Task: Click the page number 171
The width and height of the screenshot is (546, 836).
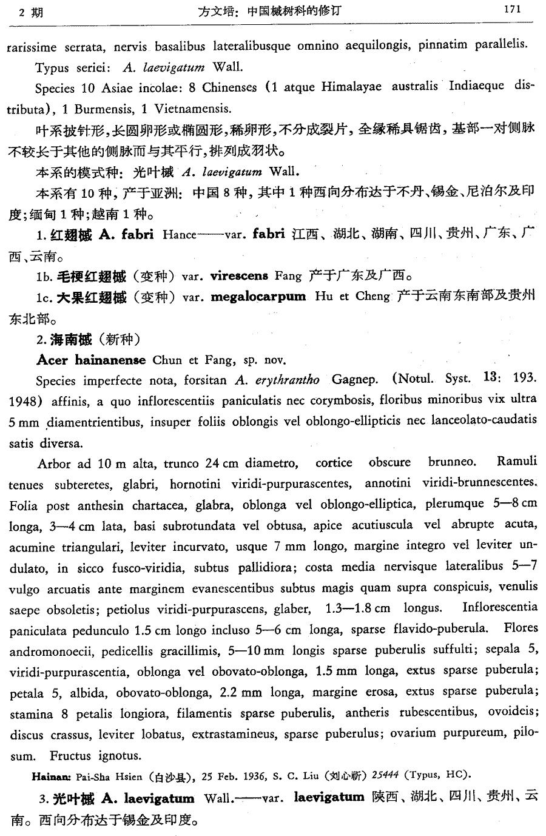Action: click(x=512, y=10)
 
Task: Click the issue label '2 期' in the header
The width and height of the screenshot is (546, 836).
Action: click(x=31, y=12)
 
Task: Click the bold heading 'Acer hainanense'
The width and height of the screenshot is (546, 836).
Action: click(x=92, y=360)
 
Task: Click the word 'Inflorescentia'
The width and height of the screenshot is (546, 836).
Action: click(x=499, y=607)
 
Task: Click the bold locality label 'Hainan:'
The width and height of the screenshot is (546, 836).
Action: click(x=53, y=775)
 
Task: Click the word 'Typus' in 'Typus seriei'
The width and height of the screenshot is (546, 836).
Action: click(x=52, y=67)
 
